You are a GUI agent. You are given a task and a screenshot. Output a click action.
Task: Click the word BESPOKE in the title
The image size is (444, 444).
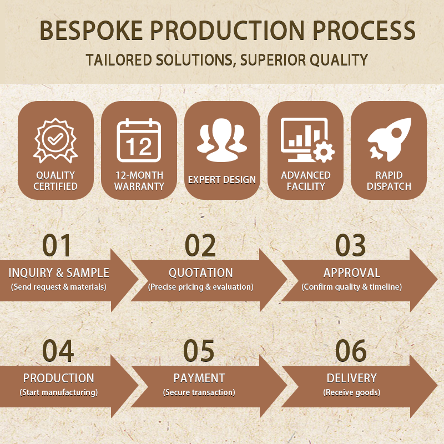click(x=91, y=31)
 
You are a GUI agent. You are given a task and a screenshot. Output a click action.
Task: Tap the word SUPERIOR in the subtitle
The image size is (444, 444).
click(x=273, y=60)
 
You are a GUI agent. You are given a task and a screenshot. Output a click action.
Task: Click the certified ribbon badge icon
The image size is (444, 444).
click(x=56, y=140)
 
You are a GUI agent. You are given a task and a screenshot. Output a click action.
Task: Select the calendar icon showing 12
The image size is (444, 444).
click(x=139, y=140)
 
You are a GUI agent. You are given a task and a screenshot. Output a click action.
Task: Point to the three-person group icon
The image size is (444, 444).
click(x=222, y=140)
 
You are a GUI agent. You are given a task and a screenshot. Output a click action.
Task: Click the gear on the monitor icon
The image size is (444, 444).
click(x=324, y=151)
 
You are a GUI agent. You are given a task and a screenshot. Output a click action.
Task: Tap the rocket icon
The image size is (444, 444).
click(x=390, y=139)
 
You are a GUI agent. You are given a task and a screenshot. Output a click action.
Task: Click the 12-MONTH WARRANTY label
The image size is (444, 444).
click(x=139, y=181)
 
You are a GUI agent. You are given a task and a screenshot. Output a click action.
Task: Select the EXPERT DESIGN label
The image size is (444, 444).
click(x=222, y=179)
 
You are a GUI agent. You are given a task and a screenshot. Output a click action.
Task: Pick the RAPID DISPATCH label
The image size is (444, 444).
click(x=389, y=181)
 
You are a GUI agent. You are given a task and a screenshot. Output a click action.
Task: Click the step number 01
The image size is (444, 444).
click(x=57, y=245)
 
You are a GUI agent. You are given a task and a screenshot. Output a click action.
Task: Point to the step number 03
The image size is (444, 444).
click(x=351, y=245)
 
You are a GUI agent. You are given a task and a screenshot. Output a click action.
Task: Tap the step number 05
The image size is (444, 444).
click(x=199, y=351)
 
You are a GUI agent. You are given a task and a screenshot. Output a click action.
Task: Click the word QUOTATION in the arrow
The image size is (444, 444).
click(x=201, y=273)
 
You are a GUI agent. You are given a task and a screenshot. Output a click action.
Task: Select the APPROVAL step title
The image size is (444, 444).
click(x=352, y=273)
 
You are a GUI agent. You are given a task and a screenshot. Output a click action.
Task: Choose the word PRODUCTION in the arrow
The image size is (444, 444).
click(x=59, y=378)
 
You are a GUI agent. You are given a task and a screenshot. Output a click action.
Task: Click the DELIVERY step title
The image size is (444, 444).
click(x=352, y=378)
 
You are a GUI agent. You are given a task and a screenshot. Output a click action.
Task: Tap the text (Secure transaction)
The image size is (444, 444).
click(x=199, y=392)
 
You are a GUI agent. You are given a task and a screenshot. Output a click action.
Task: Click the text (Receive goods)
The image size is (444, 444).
click(x=352, y=392)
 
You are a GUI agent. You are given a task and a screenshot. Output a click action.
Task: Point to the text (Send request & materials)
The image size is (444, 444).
click(x=59, y=287)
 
